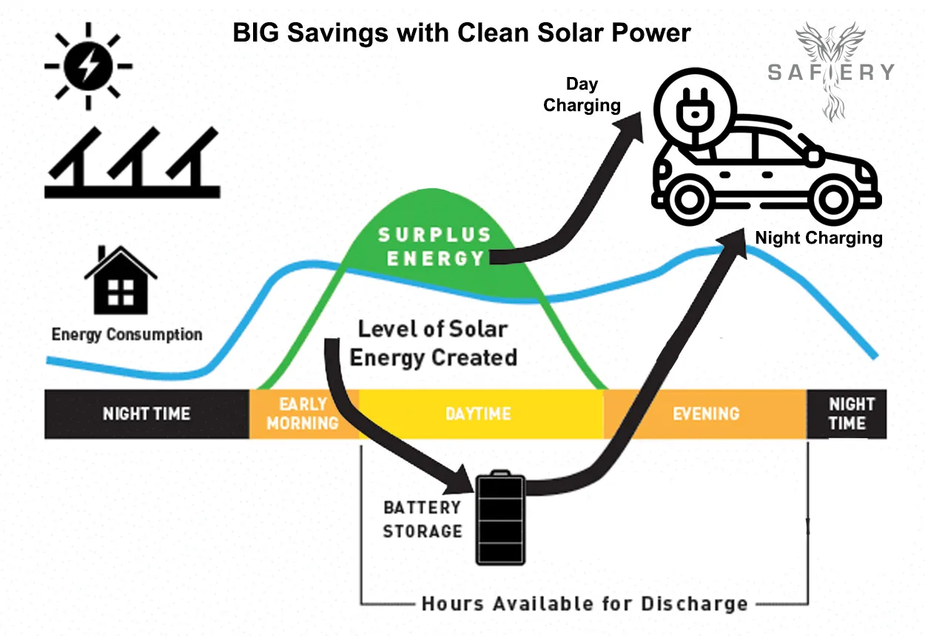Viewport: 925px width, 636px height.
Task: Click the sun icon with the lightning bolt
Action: pos(88,66)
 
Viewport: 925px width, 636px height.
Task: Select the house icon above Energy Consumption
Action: pos(120,281)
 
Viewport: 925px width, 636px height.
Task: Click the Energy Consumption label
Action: pos(127,335)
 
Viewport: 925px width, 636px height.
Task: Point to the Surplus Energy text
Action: pos(434,247)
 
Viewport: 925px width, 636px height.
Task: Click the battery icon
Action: pos(499,519)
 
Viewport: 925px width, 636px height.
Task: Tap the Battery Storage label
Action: pos(422,519)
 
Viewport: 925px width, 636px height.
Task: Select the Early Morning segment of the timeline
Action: pos(303,413)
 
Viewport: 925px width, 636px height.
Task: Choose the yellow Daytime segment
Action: pos(478,413)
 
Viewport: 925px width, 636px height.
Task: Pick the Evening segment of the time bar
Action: pos(705,413)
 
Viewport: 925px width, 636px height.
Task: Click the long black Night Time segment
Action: pos(147,413)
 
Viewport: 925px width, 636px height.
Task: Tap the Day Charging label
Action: pos(582,95)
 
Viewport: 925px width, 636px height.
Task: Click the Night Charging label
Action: pos(818,238)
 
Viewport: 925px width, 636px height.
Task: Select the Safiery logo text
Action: pos(830,72)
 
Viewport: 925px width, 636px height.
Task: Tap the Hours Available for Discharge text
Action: pos(584,603)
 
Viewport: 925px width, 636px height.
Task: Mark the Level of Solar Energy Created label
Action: pos(433,344)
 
